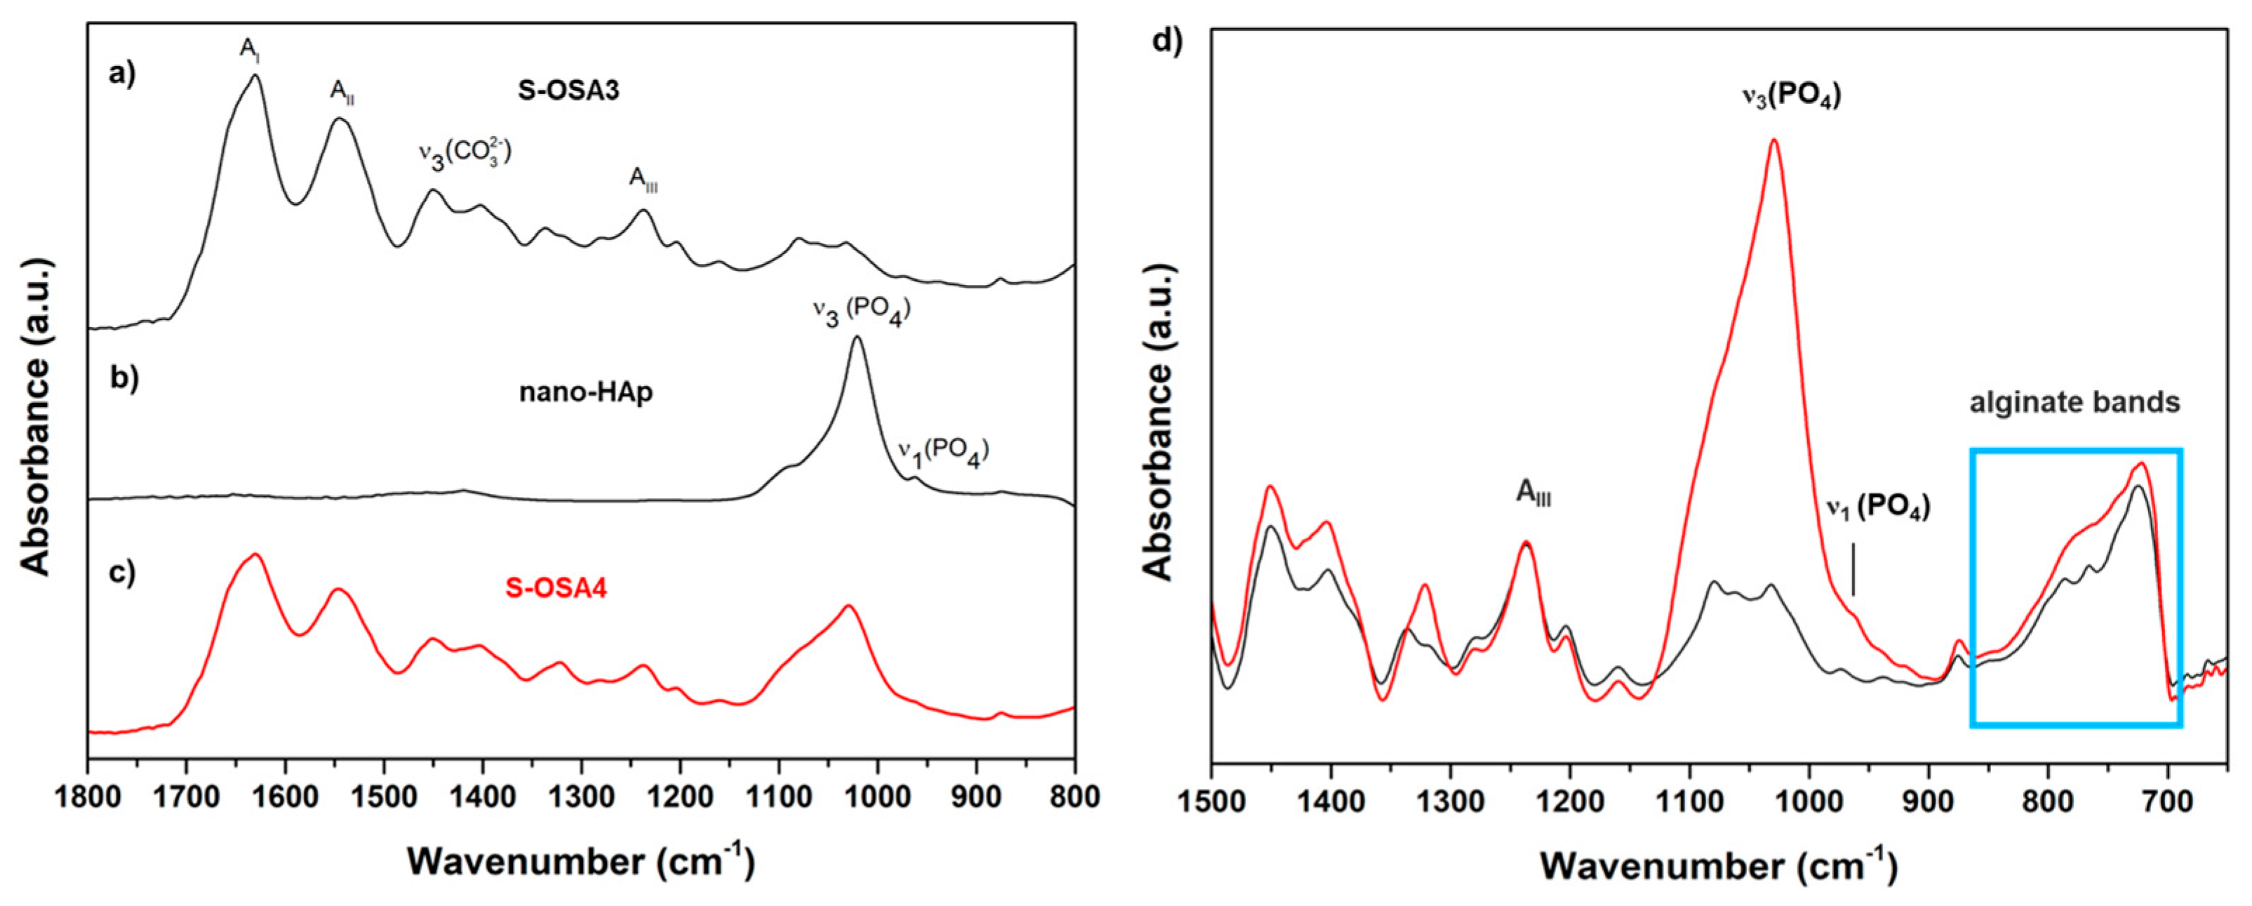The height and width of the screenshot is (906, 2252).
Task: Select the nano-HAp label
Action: pos(586,393)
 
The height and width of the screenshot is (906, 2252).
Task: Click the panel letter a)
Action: pos(122,74)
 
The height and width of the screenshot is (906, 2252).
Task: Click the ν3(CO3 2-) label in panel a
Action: pos(463,154)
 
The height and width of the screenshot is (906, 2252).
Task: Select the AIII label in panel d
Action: pos(1532,494)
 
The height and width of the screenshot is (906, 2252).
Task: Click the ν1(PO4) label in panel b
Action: pos(942,451)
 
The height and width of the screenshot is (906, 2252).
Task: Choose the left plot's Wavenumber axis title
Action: pos(579,861)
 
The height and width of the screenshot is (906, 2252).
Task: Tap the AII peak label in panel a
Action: pos(342,91)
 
